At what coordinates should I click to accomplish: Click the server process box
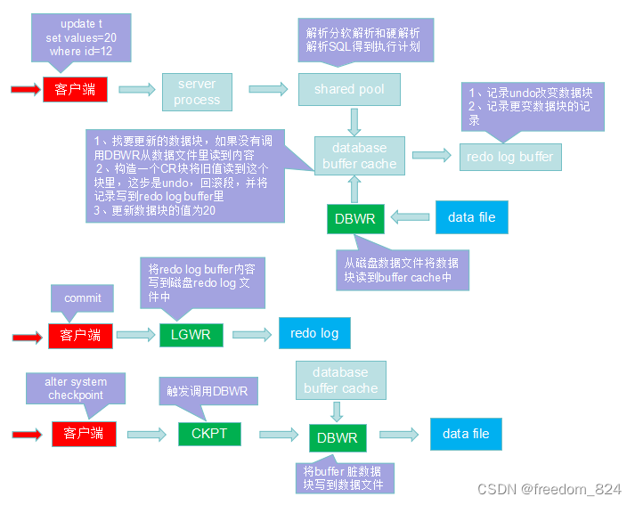(197, 91)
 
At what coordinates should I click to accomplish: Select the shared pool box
(349, 89)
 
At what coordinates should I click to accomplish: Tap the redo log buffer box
(510, 157)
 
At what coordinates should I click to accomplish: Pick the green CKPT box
(208, 434)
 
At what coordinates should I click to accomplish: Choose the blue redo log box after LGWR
(314, 333)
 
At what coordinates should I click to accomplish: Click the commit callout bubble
(83, 298)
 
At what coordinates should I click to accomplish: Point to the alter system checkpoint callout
(75, 388)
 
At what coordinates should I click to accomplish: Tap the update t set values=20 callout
(81, 37)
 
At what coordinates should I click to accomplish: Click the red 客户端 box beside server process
(75, 89)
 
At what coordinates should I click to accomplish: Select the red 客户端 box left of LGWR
(80, 336)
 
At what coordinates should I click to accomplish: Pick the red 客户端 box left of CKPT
(84, 434)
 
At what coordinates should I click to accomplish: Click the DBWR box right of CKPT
(337, 438)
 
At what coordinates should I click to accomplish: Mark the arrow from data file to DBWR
(408, 216)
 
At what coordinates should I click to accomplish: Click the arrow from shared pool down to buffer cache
(355, 121)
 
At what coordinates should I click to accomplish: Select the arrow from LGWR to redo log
(252, 334)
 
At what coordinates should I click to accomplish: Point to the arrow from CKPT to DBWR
(278, 435)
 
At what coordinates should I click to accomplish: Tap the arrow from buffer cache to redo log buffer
(432, 156)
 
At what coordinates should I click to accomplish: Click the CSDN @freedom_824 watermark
(549, 489)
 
